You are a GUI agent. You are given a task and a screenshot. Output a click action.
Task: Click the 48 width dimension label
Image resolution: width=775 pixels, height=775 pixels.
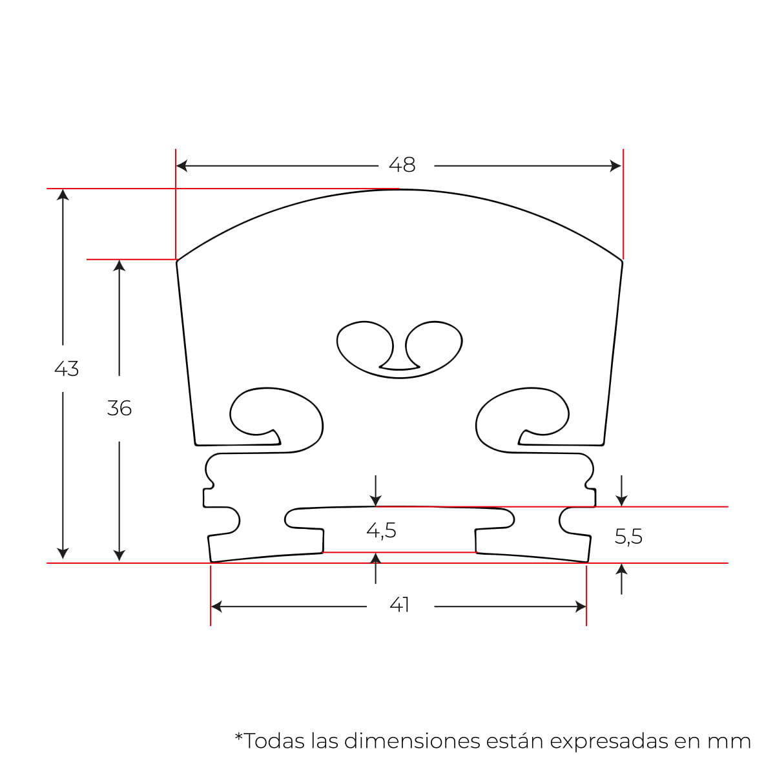click(x=402, y=165)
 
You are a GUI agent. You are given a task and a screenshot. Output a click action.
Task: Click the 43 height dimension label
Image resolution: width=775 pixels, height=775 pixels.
click(x=67, y=369)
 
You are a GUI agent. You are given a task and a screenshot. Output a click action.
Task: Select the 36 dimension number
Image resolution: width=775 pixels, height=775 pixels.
click(x=119, y=408)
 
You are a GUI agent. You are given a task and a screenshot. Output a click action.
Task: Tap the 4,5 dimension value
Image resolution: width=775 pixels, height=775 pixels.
click(x=381, y=531)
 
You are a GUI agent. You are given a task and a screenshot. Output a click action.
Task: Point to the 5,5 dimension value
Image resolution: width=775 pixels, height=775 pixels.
click(x=628, y=537)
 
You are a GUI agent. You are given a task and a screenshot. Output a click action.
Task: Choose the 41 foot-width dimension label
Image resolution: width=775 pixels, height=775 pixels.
click(x=400, y=605)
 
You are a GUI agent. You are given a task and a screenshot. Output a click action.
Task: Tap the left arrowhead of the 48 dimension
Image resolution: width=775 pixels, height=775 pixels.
click(x=181, y=166)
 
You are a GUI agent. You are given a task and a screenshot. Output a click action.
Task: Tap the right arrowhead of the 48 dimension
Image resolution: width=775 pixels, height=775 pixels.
click(x=616, y=166)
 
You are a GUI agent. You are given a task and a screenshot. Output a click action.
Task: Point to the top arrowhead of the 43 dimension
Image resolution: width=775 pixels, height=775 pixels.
click(x=63, y=194)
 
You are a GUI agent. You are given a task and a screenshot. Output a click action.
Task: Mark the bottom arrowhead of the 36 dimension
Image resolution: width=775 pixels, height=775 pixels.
click(x=119, y=555)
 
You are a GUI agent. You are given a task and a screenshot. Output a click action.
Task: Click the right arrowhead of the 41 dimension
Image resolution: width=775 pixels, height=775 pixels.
click(x=581, y=606)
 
